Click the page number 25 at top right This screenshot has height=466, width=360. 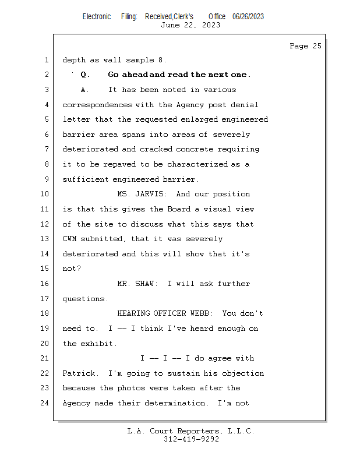point(317,46)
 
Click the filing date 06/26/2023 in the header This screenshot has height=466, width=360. point(248,17)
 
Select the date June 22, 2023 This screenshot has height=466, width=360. point(190,25)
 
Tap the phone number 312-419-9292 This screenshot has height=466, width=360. point(191,439)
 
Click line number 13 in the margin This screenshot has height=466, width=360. point(44,239)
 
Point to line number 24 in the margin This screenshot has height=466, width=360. point(44,403)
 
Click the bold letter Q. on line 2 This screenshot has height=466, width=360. point(85,75)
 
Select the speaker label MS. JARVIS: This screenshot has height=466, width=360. point(142,194)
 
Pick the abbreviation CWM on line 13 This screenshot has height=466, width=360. point(69,239)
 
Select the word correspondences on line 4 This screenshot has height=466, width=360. point(97,105)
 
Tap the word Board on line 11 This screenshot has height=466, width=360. point(179,209)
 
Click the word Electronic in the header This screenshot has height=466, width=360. point(97,17)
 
